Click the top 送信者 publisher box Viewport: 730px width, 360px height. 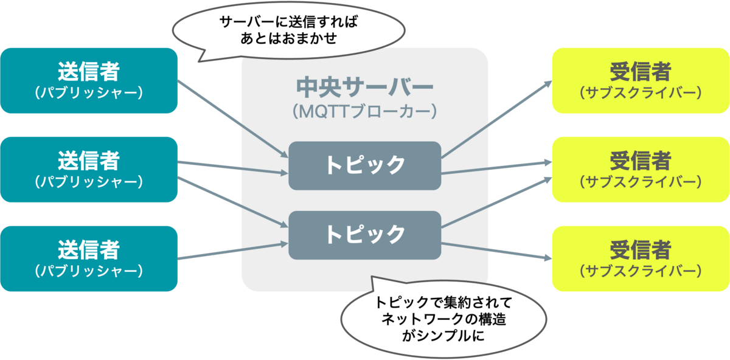[x=89, y=80]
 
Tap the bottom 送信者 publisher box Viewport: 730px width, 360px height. [x=89, y=258]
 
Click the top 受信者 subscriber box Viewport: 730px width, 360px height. [x=641, y=80]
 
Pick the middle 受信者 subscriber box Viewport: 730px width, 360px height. [x=641, y=169]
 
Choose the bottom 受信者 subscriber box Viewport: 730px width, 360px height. [x=641, y=258]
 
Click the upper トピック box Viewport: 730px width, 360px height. [x=364, y=165]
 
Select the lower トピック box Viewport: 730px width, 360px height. [x=364, y=234]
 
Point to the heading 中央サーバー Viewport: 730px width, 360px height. [x=364, y=87]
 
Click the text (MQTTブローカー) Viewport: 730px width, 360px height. [x=364, y=112]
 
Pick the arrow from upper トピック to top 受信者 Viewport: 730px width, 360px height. [x=496, y=119]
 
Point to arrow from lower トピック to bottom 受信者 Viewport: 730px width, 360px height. [x=496, y=251]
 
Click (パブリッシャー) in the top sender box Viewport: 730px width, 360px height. [x=89, y=93]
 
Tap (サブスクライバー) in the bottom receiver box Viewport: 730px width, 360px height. [x=641, y=271]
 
